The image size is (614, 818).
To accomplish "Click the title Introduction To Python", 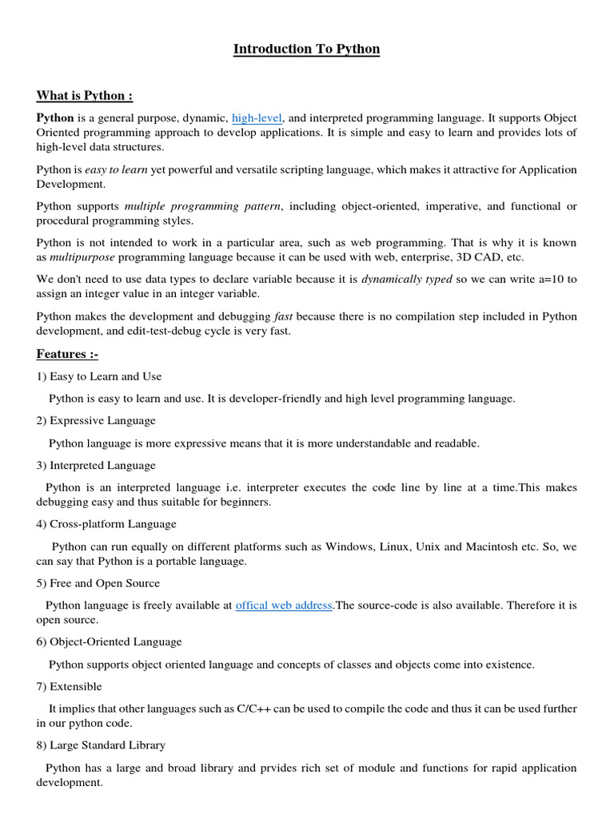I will click(306, 50).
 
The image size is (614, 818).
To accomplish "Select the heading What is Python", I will click(84, 96).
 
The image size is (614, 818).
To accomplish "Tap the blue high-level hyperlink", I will click(257, 118).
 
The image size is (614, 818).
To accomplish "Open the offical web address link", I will click(284, 606).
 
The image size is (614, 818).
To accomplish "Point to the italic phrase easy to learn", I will click(117, 169).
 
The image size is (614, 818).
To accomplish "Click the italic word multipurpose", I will click(82, 257).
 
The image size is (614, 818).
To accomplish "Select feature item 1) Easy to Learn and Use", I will click(99, 376).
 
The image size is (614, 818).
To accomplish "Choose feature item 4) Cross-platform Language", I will click(106, 524).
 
